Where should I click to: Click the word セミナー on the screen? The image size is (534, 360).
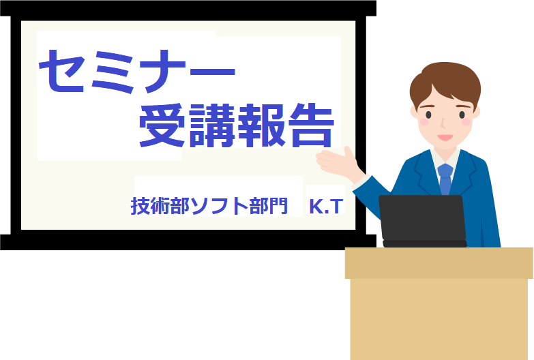pos(137,72)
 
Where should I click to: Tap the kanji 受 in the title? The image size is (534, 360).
pos(162,125)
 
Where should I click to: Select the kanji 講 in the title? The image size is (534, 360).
pos(213,125)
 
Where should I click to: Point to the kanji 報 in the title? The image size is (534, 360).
pos(262,125)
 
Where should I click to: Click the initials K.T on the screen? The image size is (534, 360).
pos(326,206)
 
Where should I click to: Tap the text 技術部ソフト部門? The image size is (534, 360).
pos(209,206)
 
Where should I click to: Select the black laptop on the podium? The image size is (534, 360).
pos(423,221)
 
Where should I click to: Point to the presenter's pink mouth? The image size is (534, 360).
pos(445,137)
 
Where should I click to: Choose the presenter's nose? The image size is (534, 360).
pos(443,123)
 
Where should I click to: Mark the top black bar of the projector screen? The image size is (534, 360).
pos(188,8)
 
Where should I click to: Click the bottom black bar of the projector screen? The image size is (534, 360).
pos(188,242)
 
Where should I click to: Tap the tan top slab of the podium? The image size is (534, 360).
pos(439,263)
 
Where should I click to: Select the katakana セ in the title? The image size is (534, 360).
pos(62,72)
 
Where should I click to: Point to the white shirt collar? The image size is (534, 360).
pos(445,160)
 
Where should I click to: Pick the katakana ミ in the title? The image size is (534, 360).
pos(112,72)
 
